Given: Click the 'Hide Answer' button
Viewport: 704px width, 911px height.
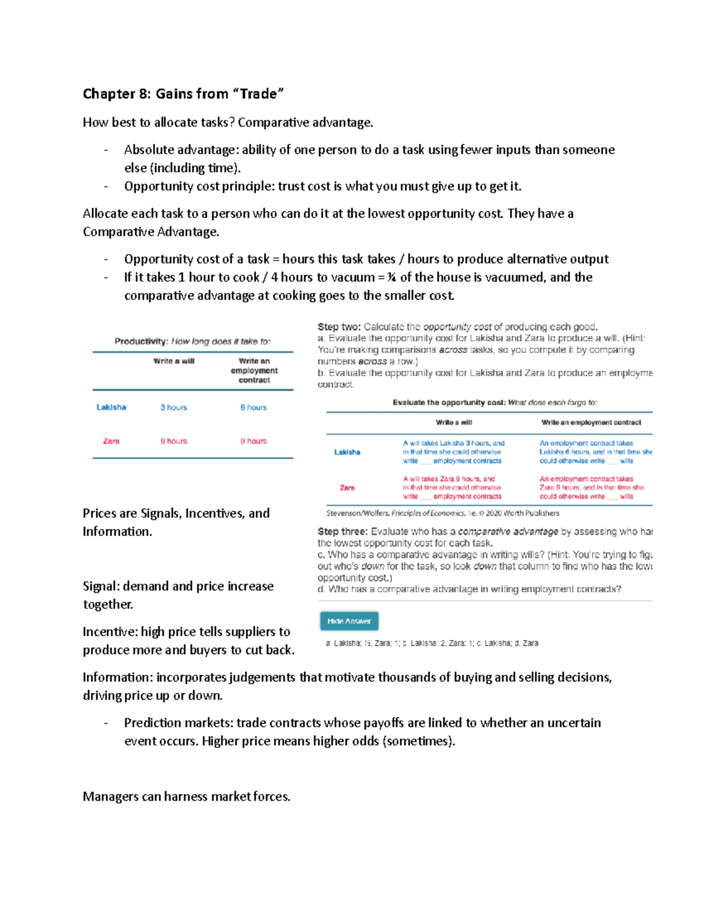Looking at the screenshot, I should tap(349, 621).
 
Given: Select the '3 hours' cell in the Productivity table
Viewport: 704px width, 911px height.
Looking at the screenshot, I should tap(174, 407).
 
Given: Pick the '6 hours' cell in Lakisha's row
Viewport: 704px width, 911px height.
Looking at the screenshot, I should tap(253, 407).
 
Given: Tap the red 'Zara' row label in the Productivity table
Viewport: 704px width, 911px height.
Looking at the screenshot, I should tap(111, 441).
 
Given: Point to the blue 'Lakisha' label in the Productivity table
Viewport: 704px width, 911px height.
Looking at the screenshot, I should tap(111, 407).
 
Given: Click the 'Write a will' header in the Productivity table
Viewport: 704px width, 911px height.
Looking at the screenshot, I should tap(174, 361).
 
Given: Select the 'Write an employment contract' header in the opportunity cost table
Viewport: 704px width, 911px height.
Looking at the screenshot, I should tap(591, 422).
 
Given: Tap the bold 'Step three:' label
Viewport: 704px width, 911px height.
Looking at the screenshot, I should tap(343, 531).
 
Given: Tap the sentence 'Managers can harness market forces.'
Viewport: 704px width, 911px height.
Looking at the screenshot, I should tap(187, 797).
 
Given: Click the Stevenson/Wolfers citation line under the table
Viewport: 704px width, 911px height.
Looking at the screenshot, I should tap(442, 513).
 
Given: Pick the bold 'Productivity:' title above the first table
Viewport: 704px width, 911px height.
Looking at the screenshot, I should tap(141, 341).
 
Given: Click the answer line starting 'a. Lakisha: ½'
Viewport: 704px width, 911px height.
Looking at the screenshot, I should tap(432, 644).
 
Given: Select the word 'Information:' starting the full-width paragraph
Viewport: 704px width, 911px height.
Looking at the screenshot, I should tap(117, 678).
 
